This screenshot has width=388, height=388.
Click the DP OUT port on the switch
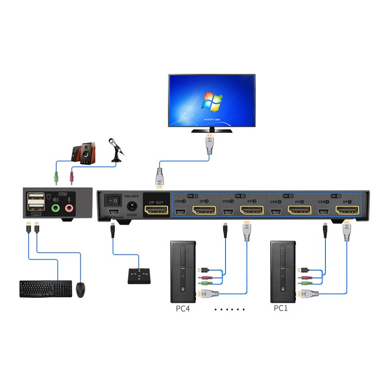coord(156,211)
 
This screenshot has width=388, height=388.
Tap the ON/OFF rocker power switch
coord(114,199)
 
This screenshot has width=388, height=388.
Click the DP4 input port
coord(205,211)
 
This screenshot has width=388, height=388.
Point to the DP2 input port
coord(300,211)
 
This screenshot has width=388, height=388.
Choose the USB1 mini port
coord(323,211)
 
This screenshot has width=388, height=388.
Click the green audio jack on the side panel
coord(56,208)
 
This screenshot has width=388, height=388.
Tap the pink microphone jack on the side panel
coord(69,208)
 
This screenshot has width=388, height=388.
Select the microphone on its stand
coord(116,148)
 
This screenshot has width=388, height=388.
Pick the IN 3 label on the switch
coord(240,195)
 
